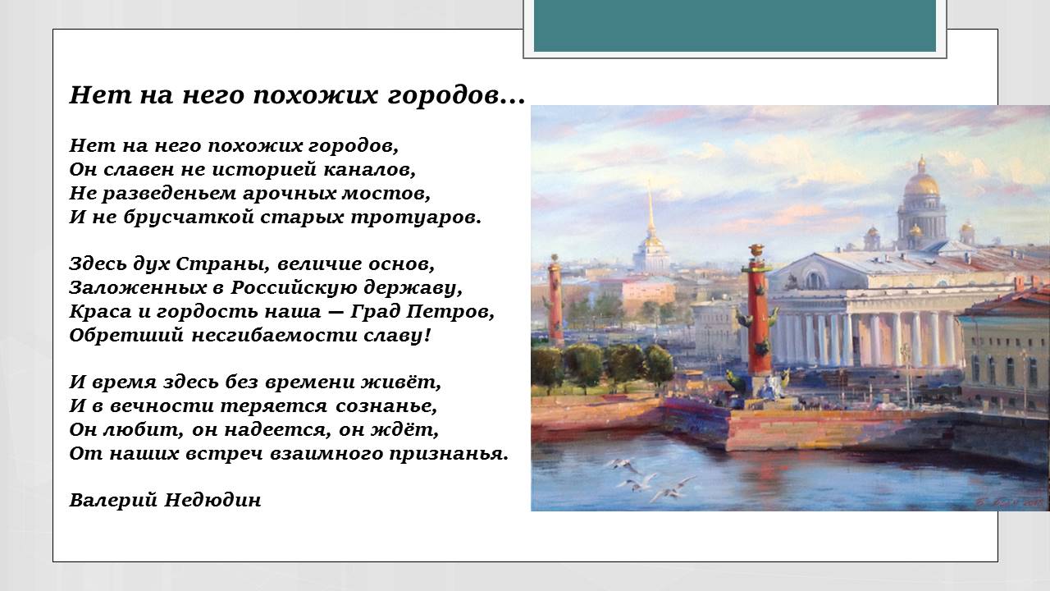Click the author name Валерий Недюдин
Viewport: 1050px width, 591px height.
point(165,500)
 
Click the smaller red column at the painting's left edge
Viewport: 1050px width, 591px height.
point(555,300)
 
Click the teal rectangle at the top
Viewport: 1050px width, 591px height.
point(734,25)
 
